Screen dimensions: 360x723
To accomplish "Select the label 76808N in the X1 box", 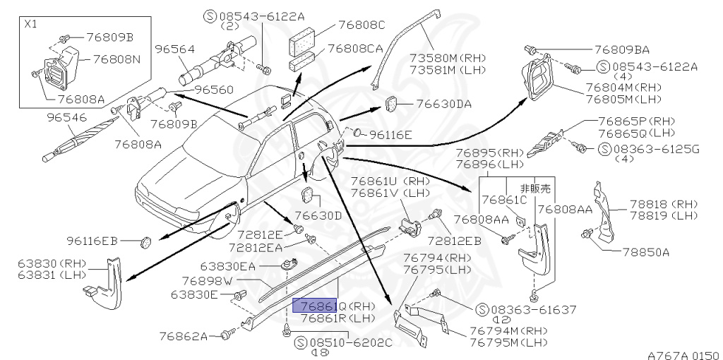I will click(x=112, y=59).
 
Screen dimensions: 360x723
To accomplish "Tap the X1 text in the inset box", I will click(x=32, y=23).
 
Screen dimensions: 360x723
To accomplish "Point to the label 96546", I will click(x=66, y=116).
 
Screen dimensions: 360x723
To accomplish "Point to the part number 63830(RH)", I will click(x=45, y=264).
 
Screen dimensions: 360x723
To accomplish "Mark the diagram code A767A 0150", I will click(x=681, y=355).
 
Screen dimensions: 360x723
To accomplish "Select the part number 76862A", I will click(x=183, y=335).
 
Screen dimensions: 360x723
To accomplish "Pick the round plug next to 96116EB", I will click(x=147, y=241).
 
